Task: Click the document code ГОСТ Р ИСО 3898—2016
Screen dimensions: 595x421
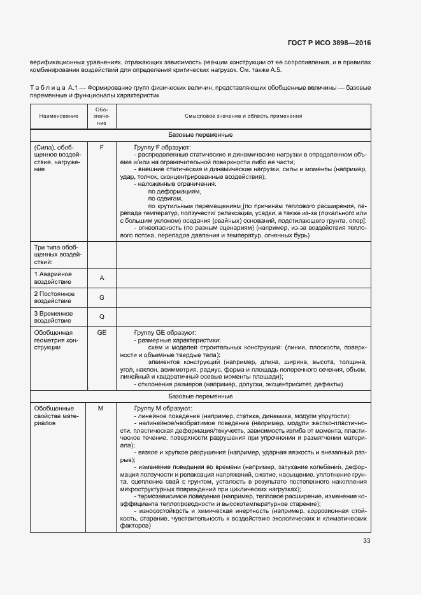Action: click(328, 43)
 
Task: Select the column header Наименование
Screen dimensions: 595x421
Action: click(58, 116)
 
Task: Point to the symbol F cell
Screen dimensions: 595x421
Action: click(101, 147)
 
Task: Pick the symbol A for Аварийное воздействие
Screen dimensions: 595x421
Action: click(101, 278)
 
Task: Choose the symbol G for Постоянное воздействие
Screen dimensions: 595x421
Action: click(101, 297)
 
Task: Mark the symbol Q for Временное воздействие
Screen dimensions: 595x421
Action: click(101, 316)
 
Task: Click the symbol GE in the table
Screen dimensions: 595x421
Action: click(101, 332)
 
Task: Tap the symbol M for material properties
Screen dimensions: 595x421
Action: click(101, 408)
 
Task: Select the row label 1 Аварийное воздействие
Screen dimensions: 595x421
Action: click(54, 277)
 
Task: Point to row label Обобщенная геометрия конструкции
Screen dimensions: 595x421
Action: click(56, 340)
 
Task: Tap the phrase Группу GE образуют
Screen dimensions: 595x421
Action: click(166, 332)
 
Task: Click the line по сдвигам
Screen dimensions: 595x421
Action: click(165, 199)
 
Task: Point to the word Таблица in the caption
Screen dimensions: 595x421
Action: click(46, 87)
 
